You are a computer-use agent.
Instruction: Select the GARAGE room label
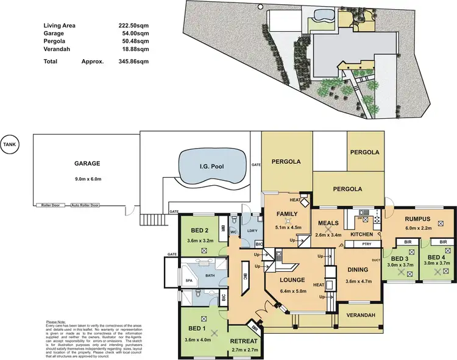87,163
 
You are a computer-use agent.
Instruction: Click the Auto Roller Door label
85,205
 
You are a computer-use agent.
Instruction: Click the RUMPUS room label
417,219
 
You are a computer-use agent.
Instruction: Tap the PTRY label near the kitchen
367,244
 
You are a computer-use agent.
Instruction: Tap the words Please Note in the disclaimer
57,322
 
